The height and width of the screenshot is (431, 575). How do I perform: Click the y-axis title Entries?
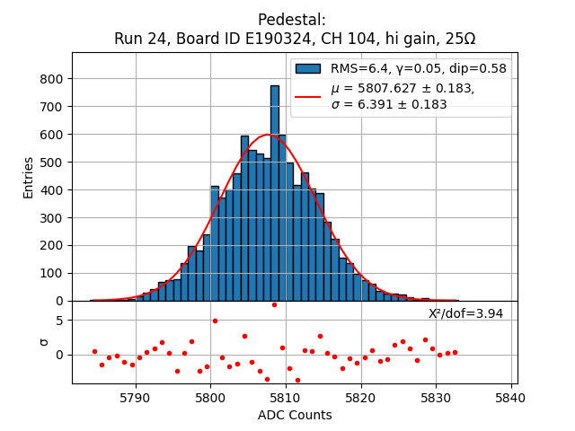(x=29, y=177)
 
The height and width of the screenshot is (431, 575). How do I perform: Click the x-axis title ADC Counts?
(x=295, y=415)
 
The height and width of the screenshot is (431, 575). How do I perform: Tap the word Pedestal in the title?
(x=292, y=20)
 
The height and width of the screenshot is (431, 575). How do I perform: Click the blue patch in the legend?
(x=308, y=68)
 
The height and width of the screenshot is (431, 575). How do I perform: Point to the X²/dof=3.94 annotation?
(x=465, y=313)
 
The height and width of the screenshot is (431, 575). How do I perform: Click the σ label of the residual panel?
(x=42, y=342)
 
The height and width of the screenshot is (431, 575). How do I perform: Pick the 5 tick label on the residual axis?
(x=59, y=321)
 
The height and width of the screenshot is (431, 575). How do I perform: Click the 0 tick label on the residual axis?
(x=59, y=355)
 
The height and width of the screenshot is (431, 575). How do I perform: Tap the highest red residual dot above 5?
(x=274, y=304)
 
